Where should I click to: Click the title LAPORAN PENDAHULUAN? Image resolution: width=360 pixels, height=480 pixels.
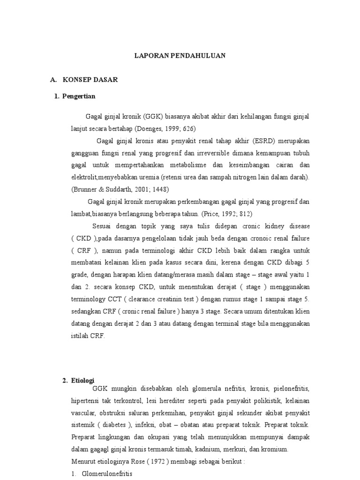click(x=180, y=55)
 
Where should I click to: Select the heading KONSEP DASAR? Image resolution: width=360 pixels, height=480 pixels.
click(x=91, y=80)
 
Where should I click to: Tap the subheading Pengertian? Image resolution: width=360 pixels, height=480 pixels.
click(x=78, y=96)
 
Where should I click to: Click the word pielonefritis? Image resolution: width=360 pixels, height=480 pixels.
click(x=286, y=389)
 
